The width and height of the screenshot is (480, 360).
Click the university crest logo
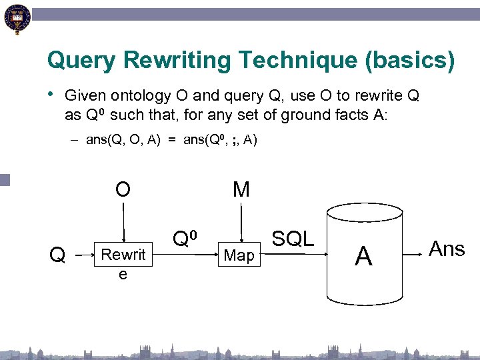tap(17, 18)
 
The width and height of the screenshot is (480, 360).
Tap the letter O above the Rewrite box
tap(123, 190)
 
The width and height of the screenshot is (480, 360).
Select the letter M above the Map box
tap(241, 190)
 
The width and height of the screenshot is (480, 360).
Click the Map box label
tap(239, 255)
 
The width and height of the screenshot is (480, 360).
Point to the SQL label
tap(293, 239)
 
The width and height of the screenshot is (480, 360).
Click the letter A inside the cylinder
tap(363, 255)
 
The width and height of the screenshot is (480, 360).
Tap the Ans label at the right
tap(447, 249)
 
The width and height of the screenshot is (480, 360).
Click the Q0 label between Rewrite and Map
tap(185, 238)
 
